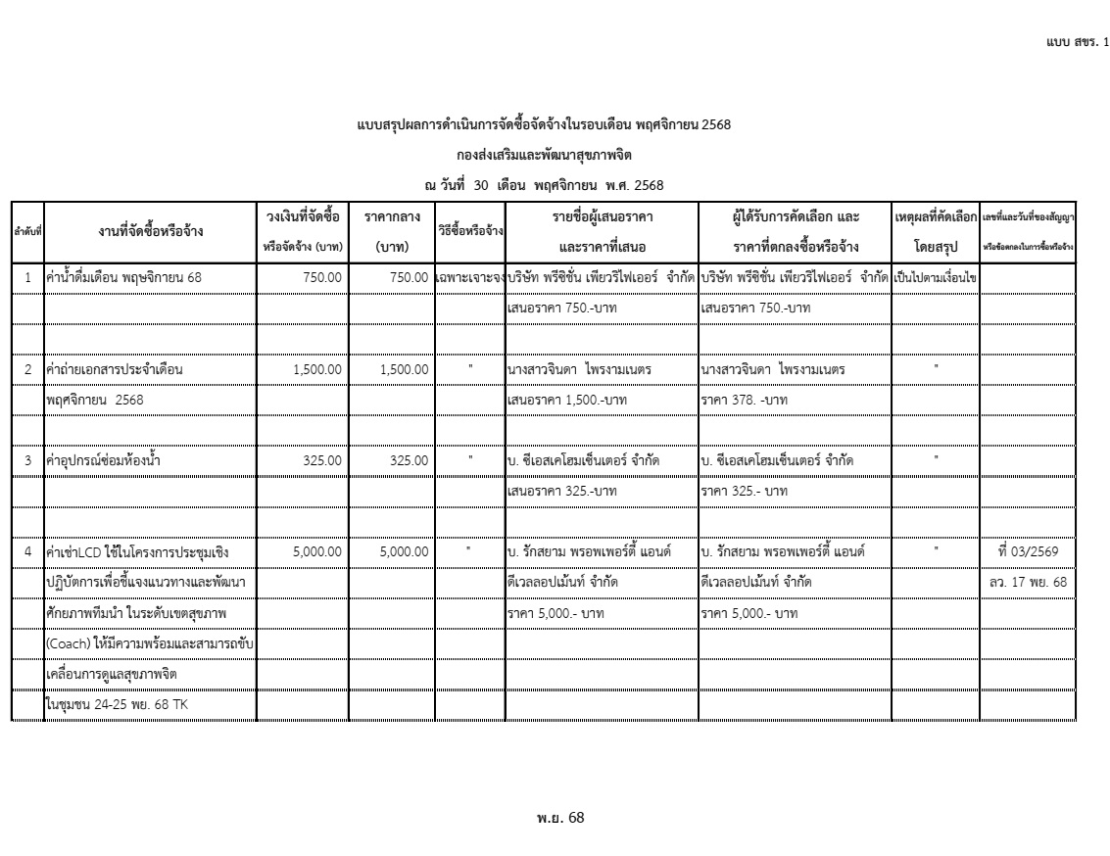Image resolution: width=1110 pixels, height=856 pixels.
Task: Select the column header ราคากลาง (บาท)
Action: [392, 231]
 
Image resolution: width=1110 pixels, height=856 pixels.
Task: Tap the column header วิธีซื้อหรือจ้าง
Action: [470, 232]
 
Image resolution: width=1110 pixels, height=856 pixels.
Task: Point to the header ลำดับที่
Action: [27, 233]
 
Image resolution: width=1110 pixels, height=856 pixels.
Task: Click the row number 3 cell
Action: [28, 460]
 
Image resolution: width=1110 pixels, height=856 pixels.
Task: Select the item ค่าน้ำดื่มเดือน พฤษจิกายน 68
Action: [124, 278]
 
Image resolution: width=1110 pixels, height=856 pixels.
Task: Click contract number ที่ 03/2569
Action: [1027, 551]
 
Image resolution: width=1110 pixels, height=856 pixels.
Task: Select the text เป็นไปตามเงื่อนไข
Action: [935, 278]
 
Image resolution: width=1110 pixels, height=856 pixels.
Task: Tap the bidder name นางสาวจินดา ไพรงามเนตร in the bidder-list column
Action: [579, 370]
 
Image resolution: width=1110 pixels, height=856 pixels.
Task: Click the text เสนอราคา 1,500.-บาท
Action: [567, 400]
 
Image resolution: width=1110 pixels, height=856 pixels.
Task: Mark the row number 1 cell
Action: [28, 278]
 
